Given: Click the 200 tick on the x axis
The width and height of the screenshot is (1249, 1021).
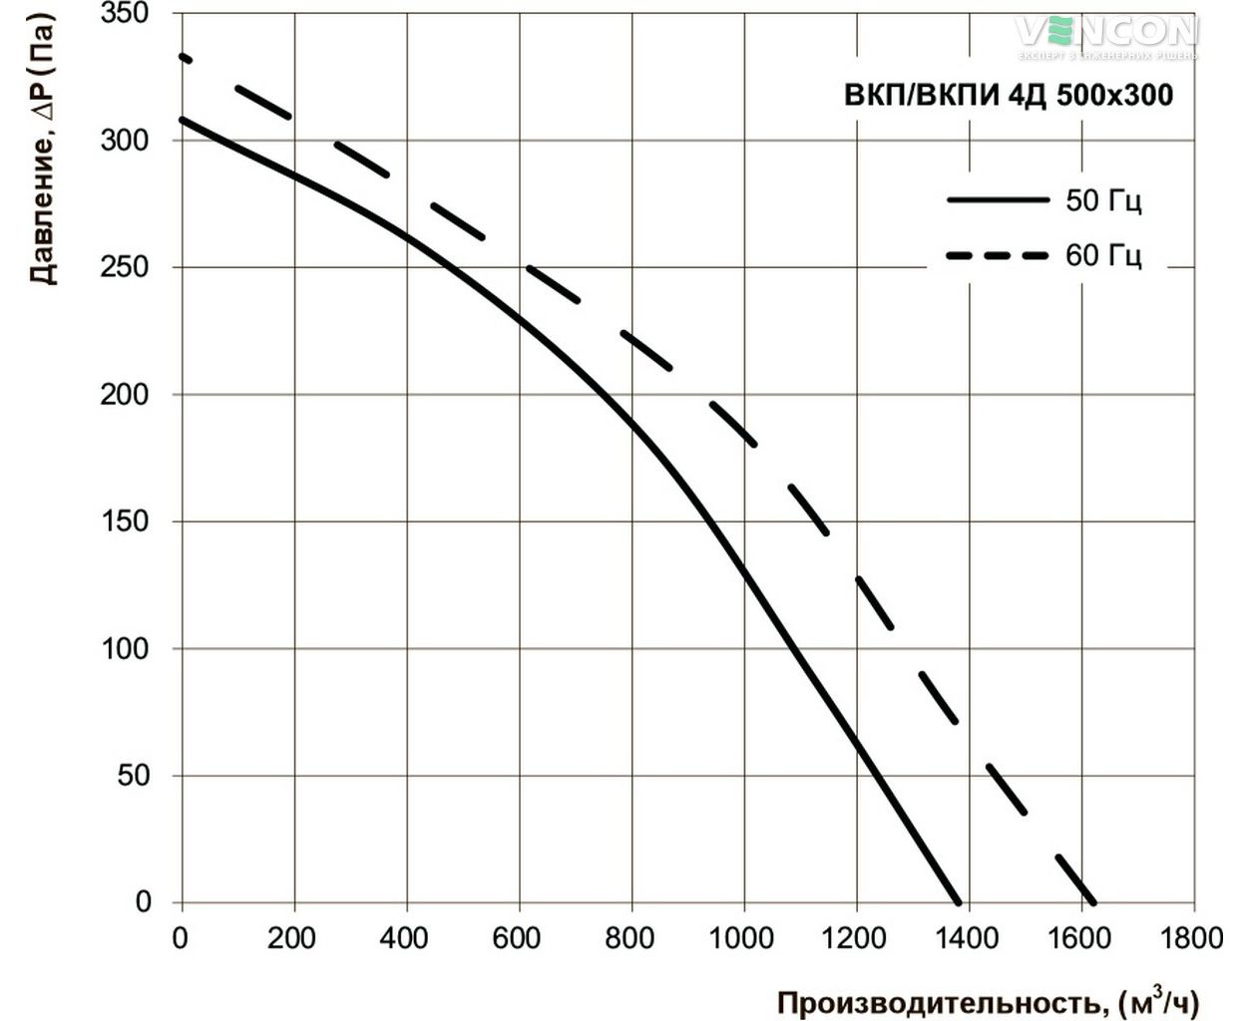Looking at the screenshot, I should [293, 938].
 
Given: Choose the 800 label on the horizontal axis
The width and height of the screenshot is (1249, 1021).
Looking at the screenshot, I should [630, 938].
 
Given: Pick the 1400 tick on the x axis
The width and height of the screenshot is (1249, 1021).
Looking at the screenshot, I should [968, 938].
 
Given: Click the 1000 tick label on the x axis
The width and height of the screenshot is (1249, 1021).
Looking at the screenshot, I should [743, 938].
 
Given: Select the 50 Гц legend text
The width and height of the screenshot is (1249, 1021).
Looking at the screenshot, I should [1103, 200].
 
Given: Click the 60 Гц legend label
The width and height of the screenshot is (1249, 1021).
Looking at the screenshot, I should [1103, 256].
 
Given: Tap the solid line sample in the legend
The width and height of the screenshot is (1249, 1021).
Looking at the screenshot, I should [998, 200].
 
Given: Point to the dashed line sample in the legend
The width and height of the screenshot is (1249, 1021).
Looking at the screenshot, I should [998, 256].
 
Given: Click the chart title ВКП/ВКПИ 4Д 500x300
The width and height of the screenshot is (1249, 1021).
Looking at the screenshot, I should [1009, 96].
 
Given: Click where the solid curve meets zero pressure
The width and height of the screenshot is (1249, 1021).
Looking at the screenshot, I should [960, 902].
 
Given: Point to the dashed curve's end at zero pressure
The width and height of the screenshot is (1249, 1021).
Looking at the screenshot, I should [1094, 902].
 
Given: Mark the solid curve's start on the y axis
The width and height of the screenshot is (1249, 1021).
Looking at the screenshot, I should [182, 119].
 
